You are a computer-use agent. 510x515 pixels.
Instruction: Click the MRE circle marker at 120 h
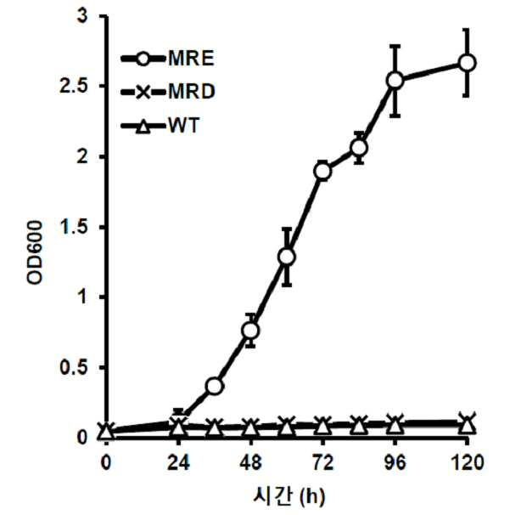(x=467, y=63)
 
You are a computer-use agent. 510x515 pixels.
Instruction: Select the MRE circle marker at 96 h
(x=395, y=80)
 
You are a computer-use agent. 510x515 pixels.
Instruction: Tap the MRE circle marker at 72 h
(x=322, y=171)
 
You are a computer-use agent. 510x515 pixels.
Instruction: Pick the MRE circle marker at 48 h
(x=250, y=331)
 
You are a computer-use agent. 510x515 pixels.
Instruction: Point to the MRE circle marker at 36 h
(x=215, y=386)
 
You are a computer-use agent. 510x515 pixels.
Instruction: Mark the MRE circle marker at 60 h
(x=287, y=257)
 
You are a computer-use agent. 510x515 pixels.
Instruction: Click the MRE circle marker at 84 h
(x=359, y=148)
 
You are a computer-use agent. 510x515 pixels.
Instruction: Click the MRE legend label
(x=191, y=59)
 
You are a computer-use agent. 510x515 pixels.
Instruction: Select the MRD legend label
(x=192, y=91)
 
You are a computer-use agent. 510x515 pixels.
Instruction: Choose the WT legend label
(x=184, y=125)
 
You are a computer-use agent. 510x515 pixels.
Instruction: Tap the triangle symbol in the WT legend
(x=143, y=127)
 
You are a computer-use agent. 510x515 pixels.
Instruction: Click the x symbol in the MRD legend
(x=143, y=92)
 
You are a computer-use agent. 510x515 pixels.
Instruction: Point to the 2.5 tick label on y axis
(x=74, y=86)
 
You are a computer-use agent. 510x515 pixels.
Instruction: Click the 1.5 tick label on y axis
(x=74, y=227)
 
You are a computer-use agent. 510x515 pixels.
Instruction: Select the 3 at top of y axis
(x=82, y=16)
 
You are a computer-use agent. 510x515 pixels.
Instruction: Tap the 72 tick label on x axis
(x=323, y=463)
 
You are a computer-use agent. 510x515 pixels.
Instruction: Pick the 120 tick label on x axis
(x=468, y=463)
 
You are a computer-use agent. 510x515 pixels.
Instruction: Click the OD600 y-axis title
(x=35, y=252)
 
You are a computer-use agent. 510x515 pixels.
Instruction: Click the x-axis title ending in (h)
(x=289, y=496)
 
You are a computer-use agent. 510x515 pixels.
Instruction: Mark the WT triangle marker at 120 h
(x=467, y=426)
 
